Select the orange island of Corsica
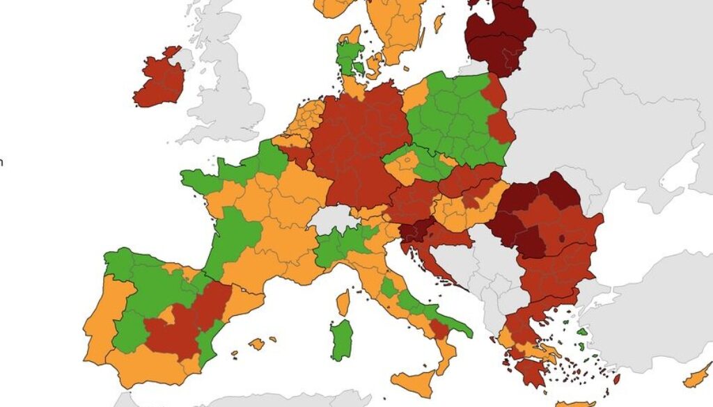pyautogui.click(x=343, y=302)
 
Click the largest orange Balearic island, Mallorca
pyautogui.click(x=257, y=343)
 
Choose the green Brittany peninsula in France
pyautogui.click(x=198, y=180)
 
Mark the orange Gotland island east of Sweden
pyautogui.click(x=439, y=23)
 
